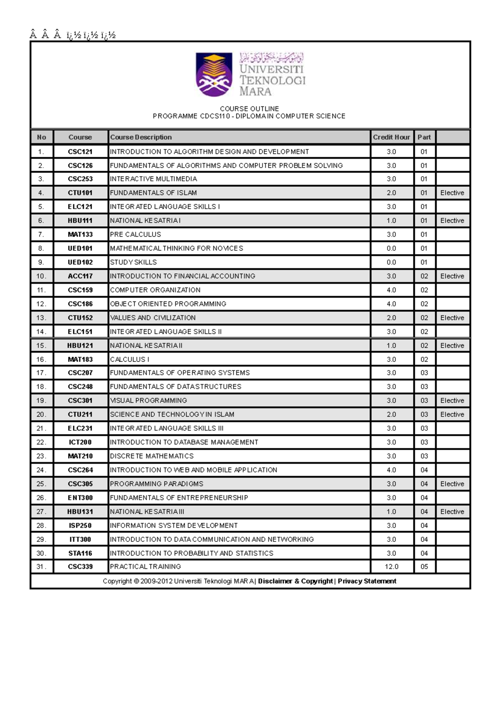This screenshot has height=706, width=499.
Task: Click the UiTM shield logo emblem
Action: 214,74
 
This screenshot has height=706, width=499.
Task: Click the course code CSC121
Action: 80,152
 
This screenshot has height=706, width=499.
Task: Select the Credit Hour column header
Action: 391,137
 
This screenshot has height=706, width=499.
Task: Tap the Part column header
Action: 424,137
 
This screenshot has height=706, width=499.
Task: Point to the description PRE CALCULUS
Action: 136,235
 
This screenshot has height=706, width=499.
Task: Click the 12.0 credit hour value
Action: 391,567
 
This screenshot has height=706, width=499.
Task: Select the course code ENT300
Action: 80,498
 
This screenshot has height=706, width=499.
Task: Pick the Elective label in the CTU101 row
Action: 452,193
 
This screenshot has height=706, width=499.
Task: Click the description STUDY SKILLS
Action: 133,262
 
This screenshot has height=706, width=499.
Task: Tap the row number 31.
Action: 41,567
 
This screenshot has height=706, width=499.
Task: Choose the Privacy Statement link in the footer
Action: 367,581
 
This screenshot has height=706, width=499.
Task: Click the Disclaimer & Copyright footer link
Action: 295,581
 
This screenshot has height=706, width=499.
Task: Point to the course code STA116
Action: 80,553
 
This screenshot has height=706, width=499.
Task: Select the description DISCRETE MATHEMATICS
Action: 152,456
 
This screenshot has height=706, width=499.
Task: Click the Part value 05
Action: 424,567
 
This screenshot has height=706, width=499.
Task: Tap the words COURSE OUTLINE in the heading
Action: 249,109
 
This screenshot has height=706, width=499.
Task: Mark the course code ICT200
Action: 80,442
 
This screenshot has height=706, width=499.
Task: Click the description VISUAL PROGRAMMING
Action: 148,401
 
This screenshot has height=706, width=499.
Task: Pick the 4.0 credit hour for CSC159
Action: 391,290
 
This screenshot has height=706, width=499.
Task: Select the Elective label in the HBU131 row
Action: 452,512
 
